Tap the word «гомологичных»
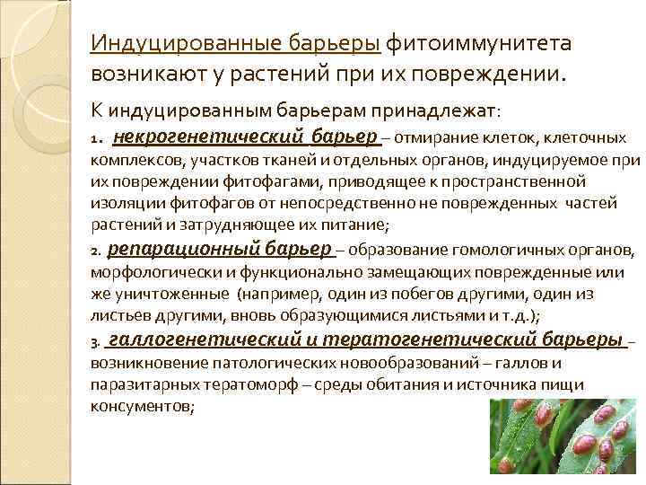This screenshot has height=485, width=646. point(517,250)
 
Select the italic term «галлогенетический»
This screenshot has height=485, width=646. point(193,339)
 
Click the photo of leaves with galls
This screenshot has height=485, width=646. point(566,440)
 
